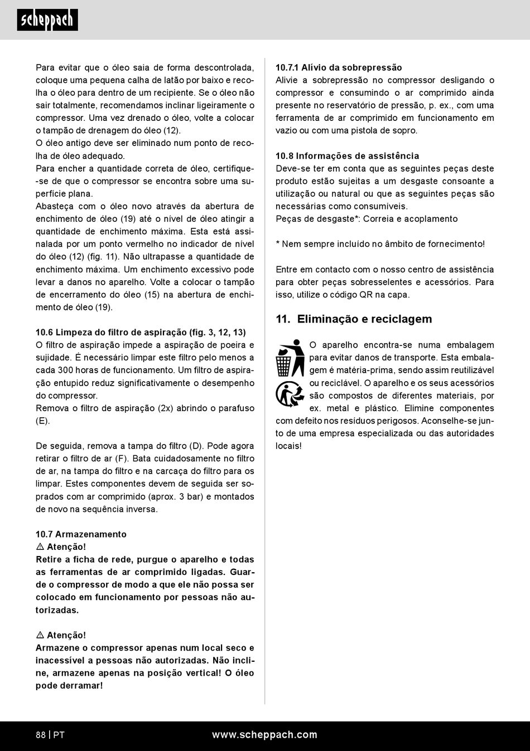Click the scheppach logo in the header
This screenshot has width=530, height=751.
(x=47, y=20)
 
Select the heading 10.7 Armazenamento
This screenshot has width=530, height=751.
(x=81, y=534)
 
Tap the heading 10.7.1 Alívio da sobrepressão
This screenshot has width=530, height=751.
(x=339, y=67)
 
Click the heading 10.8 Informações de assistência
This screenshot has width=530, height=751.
(x=347, y=156)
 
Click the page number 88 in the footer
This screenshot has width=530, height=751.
(x=41, y=735)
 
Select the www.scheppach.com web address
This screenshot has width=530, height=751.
(x=264, y=735)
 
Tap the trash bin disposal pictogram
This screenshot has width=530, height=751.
(x=290, y=358)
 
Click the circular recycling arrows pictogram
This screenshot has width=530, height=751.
(x=289, y=394)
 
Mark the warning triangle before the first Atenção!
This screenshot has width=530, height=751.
(x=40, y=547)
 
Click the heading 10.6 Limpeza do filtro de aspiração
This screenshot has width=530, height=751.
(x=141, y=333)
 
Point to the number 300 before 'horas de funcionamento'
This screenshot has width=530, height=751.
(x=65, y=370)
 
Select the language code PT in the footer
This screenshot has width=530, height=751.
(x=59, y=735)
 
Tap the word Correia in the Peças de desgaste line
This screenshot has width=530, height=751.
(x=378, y=219)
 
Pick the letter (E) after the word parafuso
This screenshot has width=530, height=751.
(x=43, y=421)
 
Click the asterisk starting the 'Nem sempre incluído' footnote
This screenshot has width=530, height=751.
(x=278, y=243)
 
